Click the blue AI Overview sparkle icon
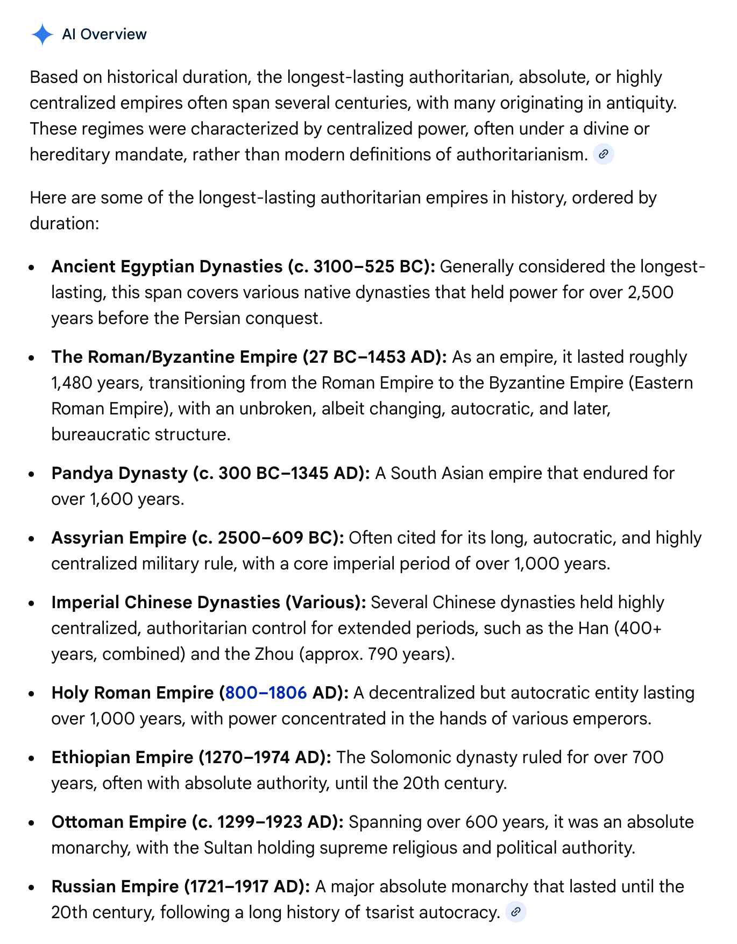42,34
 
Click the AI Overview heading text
104,34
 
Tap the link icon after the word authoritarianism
604,155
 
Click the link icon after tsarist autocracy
516,912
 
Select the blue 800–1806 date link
266,693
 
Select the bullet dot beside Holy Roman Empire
33,694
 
